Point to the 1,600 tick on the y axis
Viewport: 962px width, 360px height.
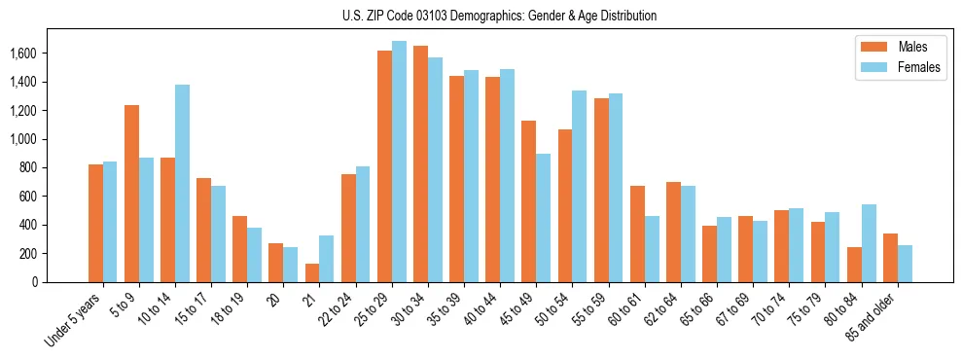pos(23,54)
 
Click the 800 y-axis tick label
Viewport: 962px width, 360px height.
pos(27,167)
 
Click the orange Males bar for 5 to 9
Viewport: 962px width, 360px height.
pos(131,194)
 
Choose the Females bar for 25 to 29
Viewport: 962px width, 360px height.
pos(399,162)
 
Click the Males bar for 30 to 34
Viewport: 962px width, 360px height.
pos(420,163)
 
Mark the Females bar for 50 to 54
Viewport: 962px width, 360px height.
pos(579,186)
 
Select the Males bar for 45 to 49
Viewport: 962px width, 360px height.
pos(528,201)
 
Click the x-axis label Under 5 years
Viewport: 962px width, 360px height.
pos(73,321)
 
